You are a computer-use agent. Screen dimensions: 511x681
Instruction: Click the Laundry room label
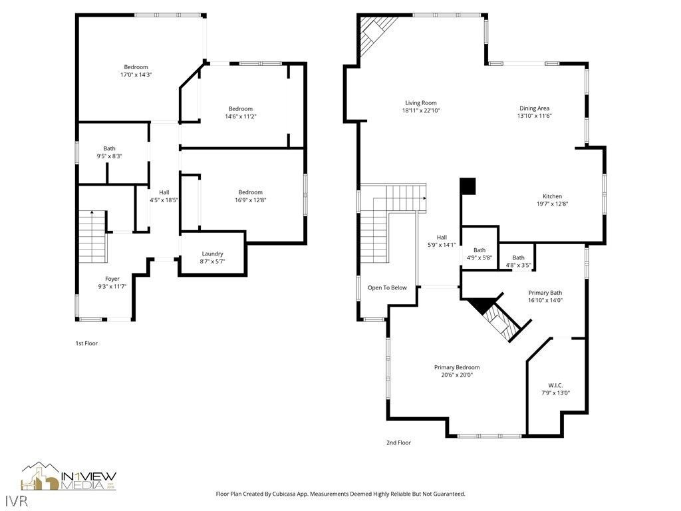pyautogui.click(x=212, y=254)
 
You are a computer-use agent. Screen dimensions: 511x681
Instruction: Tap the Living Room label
pyautogui.click(x=420, y=102)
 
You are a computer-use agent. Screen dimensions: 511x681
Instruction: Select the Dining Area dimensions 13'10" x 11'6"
pyautogui.click(x=534, y=116)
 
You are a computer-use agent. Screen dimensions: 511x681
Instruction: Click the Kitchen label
pyautogui.click(x=552, y=196)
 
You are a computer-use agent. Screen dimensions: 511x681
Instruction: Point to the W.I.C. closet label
pyautogui.click(x=555, y=385)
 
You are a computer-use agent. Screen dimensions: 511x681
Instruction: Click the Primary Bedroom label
pyautogui.click(x=456, y=367)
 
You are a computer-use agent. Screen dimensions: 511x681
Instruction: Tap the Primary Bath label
pyautogui.click(x=545, y=293)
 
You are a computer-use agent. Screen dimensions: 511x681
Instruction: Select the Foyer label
pyautogui.click(x=112, y=279)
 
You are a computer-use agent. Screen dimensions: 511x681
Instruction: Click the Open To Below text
pyautogui.click(x=387, y=287)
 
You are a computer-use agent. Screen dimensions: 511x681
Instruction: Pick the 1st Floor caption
pyautogui.click(x=86, y=343)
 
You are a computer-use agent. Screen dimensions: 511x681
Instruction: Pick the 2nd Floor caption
pyautogui.click(x=398, y=442)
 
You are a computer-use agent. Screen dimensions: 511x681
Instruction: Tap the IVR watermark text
pyautogui.click(x=15, y=499)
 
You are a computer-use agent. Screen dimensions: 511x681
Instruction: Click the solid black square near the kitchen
pyautogui.click(x=468, y=186)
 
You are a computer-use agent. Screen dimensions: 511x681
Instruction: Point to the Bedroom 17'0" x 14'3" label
pyautogui.click(x=136, y=67)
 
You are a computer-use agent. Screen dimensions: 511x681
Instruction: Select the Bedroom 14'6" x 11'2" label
pyautogui.click(x=241, y=109)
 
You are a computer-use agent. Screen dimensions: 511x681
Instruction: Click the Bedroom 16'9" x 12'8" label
pyautogui.click(x=250, y=192)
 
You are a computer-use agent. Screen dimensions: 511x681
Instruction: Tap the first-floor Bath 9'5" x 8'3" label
pyautogui.click(x=109, y=148)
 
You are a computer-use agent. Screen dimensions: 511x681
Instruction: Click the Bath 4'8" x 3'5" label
pyautogui.click(x=518, y=257)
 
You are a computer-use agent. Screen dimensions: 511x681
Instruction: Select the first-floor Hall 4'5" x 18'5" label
pyautogui.click(x=164, y=192)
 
